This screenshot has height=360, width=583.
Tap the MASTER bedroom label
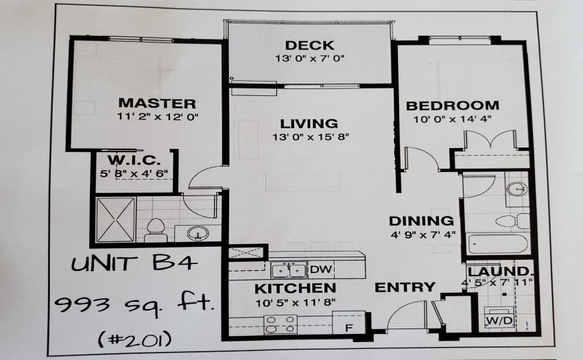coord(157,103)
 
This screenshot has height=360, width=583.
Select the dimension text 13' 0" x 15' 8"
coord(311,137)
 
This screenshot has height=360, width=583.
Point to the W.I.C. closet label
coord(134,160)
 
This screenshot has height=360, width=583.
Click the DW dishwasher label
coord(320,269)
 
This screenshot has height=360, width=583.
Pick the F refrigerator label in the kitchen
coord(348,328)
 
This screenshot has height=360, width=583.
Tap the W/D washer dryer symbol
coord(500,320)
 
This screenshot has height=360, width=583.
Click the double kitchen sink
coord(289,270)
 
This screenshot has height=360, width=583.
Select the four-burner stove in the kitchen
coord(281,324)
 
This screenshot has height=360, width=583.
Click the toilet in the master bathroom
coord(156,230)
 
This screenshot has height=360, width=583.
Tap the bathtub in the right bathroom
coord(497,243)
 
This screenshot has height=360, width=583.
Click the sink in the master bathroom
coord(198,234)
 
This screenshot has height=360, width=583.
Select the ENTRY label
coord(405,287)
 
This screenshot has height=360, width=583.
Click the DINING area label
coord(421,221)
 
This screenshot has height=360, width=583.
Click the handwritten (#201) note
coord(135,339)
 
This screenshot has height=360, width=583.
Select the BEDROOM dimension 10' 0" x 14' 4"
coord(452,119)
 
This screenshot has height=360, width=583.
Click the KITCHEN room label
coord(295,288)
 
